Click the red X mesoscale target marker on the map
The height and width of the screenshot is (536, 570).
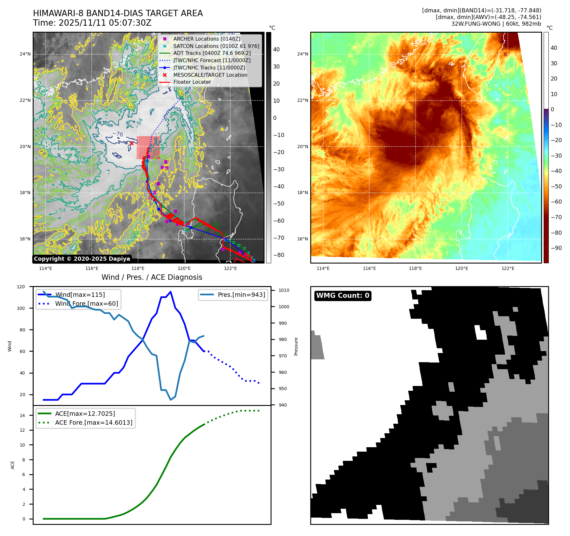tap(132, 143)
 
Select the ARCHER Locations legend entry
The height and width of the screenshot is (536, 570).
tap(206, 39)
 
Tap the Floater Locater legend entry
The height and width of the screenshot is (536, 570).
tap(192, 82)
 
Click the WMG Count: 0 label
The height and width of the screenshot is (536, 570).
tap(343, 296)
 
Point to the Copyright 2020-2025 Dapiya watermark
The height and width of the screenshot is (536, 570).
tap(82, 259)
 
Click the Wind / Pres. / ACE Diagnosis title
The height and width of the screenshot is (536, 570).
tap(152, 277)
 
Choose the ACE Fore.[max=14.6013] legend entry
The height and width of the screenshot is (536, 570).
tap(94, 422)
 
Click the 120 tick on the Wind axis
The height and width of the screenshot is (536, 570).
tap(21, 287)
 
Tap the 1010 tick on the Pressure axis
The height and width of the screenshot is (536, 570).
tap(284, 290)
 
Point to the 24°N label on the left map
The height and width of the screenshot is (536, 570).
tap(25, 54)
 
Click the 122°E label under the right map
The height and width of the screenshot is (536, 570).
tap(508, 269)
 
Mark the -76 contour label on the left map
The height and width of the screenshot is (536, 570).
tap(118, 134)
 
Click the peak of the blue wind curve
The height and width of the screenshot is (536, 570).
tap(171, 291)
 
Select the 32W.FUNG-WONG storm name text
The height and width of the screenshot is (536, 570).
tap(476, 24)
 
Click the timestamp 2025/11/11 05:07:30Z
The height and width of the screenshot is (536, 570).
tap(105, 23)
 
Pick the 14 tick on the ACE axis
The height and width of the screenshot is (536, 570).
tap(22, 415)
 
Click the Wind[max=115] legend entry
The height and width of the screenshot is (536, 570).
tap(80, 295)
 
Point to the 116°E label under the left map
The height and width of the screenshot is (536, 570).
tap(92, 269)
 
